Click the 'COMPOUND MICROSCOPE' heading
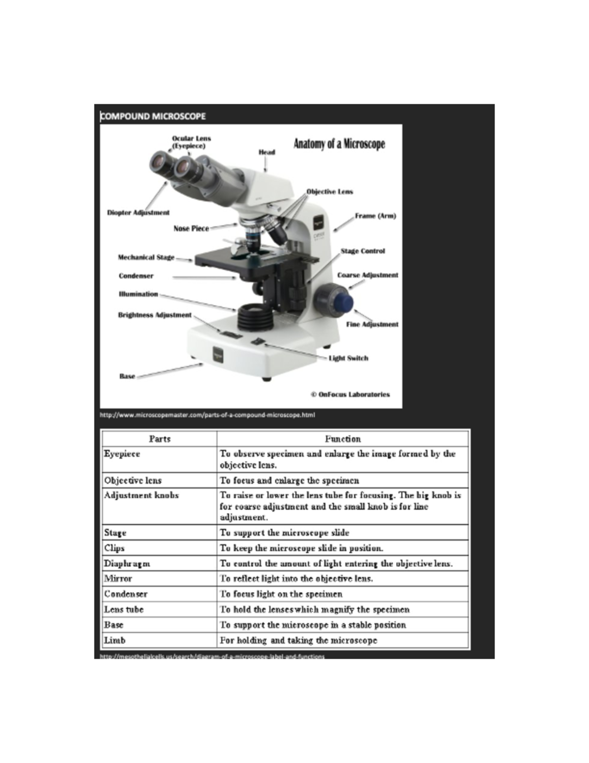click(x=153, y=116)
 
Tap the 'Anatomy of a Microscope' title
click(x=339, y=144)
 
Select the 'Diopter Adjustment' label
click(x=138, y=213)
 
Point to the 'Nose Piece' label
click(x=191, y=228)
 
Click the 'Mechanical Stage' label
click(x=146, y=257)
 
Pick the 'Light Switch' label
click(x=348, y=358)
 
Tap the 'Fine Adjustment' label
click(x=372, y=324)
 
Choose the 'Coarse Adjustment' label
click(x=368, y=275)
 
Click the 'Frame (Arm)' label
click(x=375, y=216)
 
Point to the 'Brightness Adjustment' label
click(x=155, y=315)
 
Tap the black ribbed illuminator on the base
click(x=255, y=318)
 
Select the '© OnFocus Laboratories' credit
click(x=350, y=394)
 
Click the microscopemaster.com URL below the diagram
click(x=207, y=415)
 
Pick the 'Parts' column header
click(x=160, y=439)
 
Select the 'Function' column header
click(x=343, y=439)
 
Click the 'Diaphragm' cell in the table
click(x=127, y=564)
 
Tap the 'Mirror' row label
click(x=118, y=578)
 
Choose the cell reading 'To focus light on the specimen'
click(x=281, y=594)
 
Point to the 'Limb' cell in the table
click(x=115, y=640)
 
